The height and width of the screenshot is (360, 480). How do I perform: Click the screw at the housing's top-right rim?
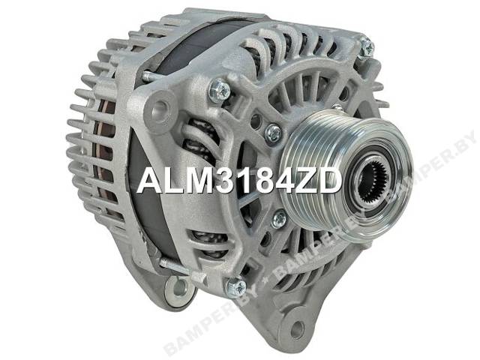click(x=367, y=46)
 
